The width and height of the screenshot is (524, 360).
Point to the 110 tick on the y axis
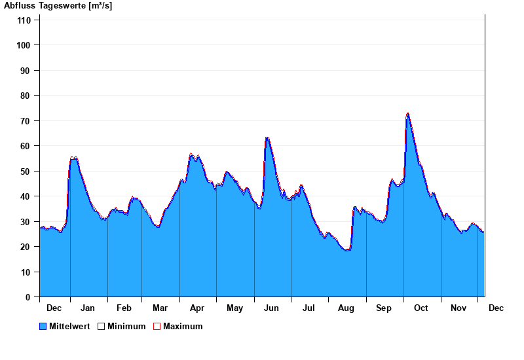click(x=24, y=20)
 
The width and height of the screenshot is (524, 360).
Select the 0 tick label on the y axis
click(x=28, y=297)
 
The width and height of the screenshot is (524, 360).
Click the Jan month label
click(x=88, y=308)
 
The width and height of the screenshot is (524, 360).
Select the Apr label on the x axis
click(x=197, y=308)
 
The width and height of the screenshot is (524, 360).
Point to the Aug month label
click(x=346, y=308)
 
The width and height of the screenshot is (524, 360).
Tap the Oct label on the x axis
click(x=421, y=308)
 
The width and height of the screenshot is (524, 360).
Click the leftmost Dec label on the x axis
click(x=54, y=308)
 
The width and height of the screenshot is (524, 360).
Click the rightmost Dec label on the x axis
click(x=496, y=308)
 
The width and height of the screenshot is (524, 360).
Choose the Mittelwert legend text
click(x=69, y=327)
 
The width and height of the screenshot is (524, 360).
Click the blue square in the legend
click(x=43, y=327)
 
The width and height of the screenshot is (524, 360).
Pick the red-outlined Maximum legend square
click(x=157, y=327)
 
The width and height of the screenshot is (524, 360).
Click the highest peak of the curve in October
click(x=407, y=113)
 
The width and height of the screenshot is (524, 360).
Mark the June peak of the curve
click(x=267, y=137)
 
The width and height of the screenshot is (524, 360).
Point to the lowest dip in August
click(x=347, y=250)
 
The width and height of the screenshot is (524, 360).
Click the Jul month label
click(x=309, y=308)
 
